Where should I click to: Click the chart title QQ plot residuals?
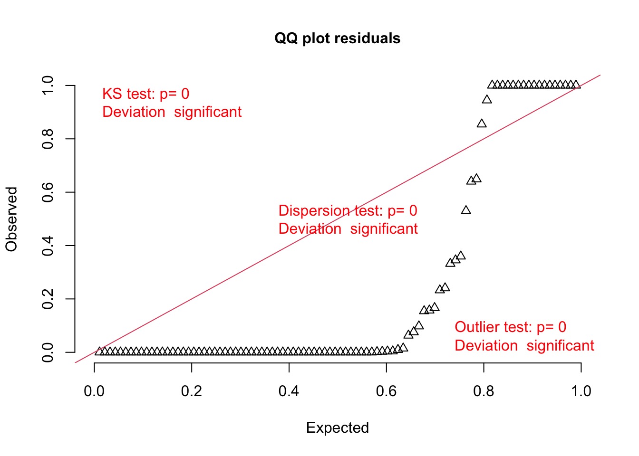click(x=337, y=38)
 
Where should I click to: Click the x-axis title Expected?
click(x=337, y=427)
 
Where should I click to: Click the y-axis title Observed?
click(x=11, y=219)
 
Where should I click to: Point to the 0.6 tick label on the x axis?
click(x=386, y=391)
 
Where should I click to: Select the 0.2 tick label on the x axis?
click(x=191, y=391)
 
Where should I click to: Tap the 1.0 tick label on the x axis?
click(x=581, y=391)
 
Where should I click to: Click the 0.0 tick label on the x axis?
click(x=94, y=391)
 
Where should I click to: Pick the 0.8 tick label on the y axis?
click(x=48, y=139)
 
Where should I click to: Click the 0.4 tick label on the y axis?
click(x=48, y=246)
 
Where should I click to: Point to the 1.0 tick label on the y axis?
click(x=48, y=85)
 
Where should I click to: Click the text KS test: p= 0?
click(x=146, y=94)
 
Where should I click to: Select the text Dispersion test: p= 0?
click(x=348, y=210)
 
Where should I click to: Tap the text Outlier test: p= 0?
click(x=510, y=327)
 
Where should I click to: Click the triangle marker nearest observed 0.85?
click(x=482, y=123)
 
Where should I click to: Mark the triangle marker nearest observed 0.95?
click(x=487, y=100)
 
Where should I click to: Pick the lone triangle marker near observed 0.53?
click(x=466, y=210)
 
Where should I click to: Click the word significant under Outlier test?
click(x=560, y=345)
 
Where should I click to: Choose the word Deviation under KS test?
click(x=134, y=112)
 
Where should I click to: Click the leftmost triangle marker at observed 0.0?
click(x=99, y=351)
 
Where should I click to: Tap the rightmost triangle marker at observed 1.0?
click(x=576, y=85)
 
